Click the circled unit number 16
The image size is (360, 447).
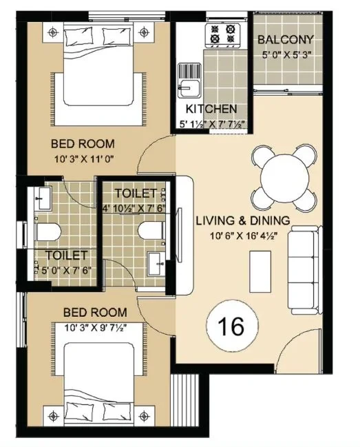[233, 325]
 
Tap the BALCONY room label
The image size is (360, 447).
[286, 40]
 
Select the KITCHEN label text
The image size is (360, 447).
[211, 109]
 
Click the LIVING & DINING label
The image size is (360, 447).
[243, 220]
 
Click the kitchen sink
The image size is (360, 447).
[189, 81]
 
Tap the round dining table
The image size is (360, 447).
[285, 178]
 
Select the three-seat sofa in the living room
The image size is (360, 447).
[305, 270]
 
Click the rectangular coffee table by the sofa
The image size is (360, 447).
[260, 271]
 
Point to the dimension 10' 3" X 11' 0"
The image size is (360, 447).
[84, 159]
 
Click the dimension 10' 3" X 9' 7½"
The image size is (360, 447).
[96, 328]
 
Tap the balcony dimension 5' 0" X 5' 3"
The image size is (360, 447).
[286, 54]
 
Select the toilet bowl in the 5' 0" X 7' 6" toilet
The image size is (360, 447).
[48, 231]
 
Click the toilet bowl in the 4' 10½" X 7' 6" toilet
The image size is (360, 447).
[151, 230]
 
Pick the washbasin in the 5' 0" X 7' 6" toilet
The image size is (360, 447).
[43, 198]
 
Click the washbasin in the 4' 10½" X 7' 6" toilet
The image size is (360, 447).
[156, 264]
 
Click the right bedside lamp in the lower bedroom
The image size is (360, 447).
[145, 417]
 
